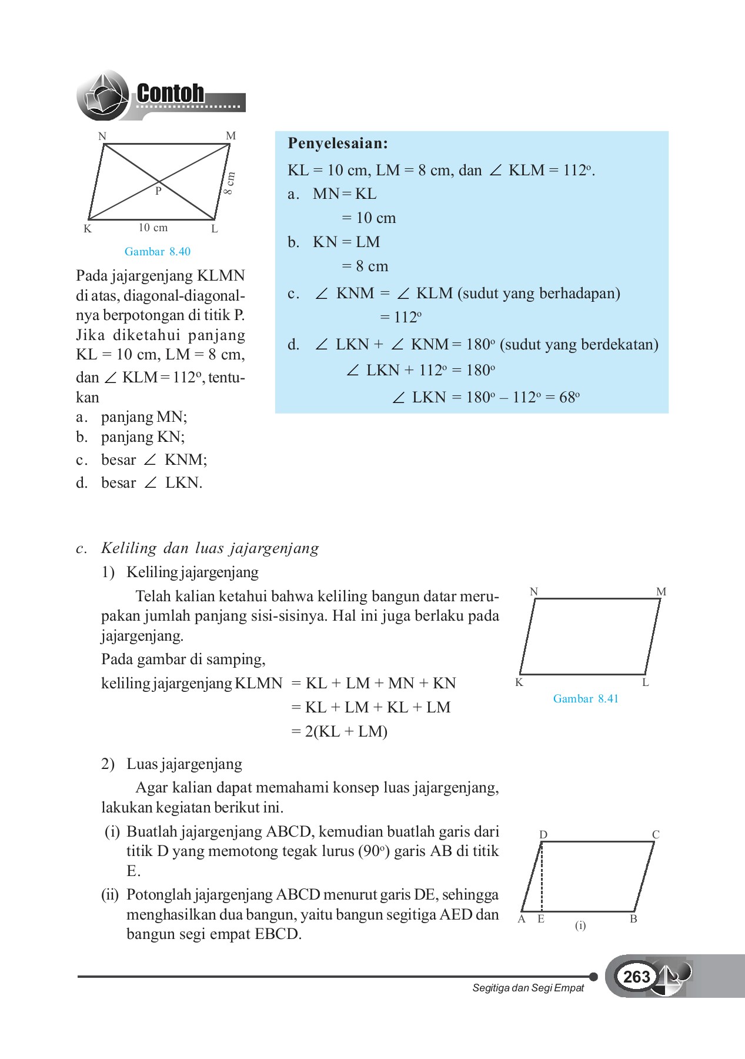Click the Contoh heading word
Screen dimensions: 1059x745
tap(171, 94)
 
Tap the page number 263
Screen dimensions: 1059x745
tap(636, 977)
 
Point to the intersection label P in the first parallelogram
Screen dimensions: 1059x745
tap(158, 191)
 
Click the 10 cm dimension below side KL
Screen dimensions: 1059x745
tap(153, 228)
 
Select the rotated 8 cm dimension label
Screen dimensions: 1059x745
tap(229, 183)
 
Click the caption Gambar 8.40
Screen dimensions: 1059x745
tap(158, 252)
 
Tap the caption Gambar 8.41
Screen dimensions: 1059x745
tap(586, 699)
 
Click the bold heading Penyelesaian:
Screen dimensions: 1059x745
tap(338, 144)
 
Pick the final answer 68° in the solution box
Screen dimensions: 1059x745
tap(569, 398)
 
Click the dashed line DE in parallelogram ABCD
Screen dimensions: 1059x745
tap(542, 877)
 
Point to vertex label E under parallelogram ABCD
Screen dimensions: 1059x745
tap(541, 919)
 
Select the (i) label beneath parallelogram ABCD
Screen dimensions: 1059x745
tap(580, 925)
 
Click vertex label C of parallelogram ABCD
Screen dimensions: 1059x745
tap(656, 834)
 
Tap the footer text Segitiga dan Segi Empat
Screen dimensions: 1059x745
tap(528, 988)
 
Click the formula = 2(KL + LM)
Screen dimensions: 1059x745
tap(339, 732)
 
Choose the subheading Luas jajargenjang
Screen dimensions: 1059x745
tap(184, 764)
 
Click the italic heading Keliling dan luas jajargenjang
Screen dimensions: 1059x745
tap(210, 548)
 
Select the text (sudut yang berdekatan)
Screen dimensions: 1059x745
tap(579, 345)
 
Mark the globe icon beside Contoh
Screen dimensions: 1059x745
tap(103, 95)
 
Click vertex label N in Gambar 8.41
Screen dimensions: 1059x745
tap(534, 592)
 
